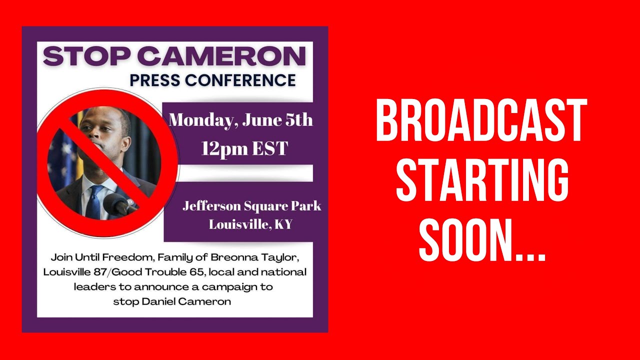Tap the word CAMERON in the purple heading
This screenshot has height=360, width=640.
[x=221, y=56]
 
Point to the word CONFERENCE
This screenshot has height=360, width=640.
[x=243, y=80]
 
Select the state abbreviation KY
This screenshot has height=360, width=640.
[x=283, y=224]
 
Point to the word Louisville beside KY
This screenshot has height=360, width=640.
[x=238, y=224]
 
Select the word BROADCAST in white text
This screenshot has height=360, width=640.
[x=481, y=121]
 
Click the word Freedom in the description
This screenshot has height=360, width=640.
[x=131, y=258]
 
